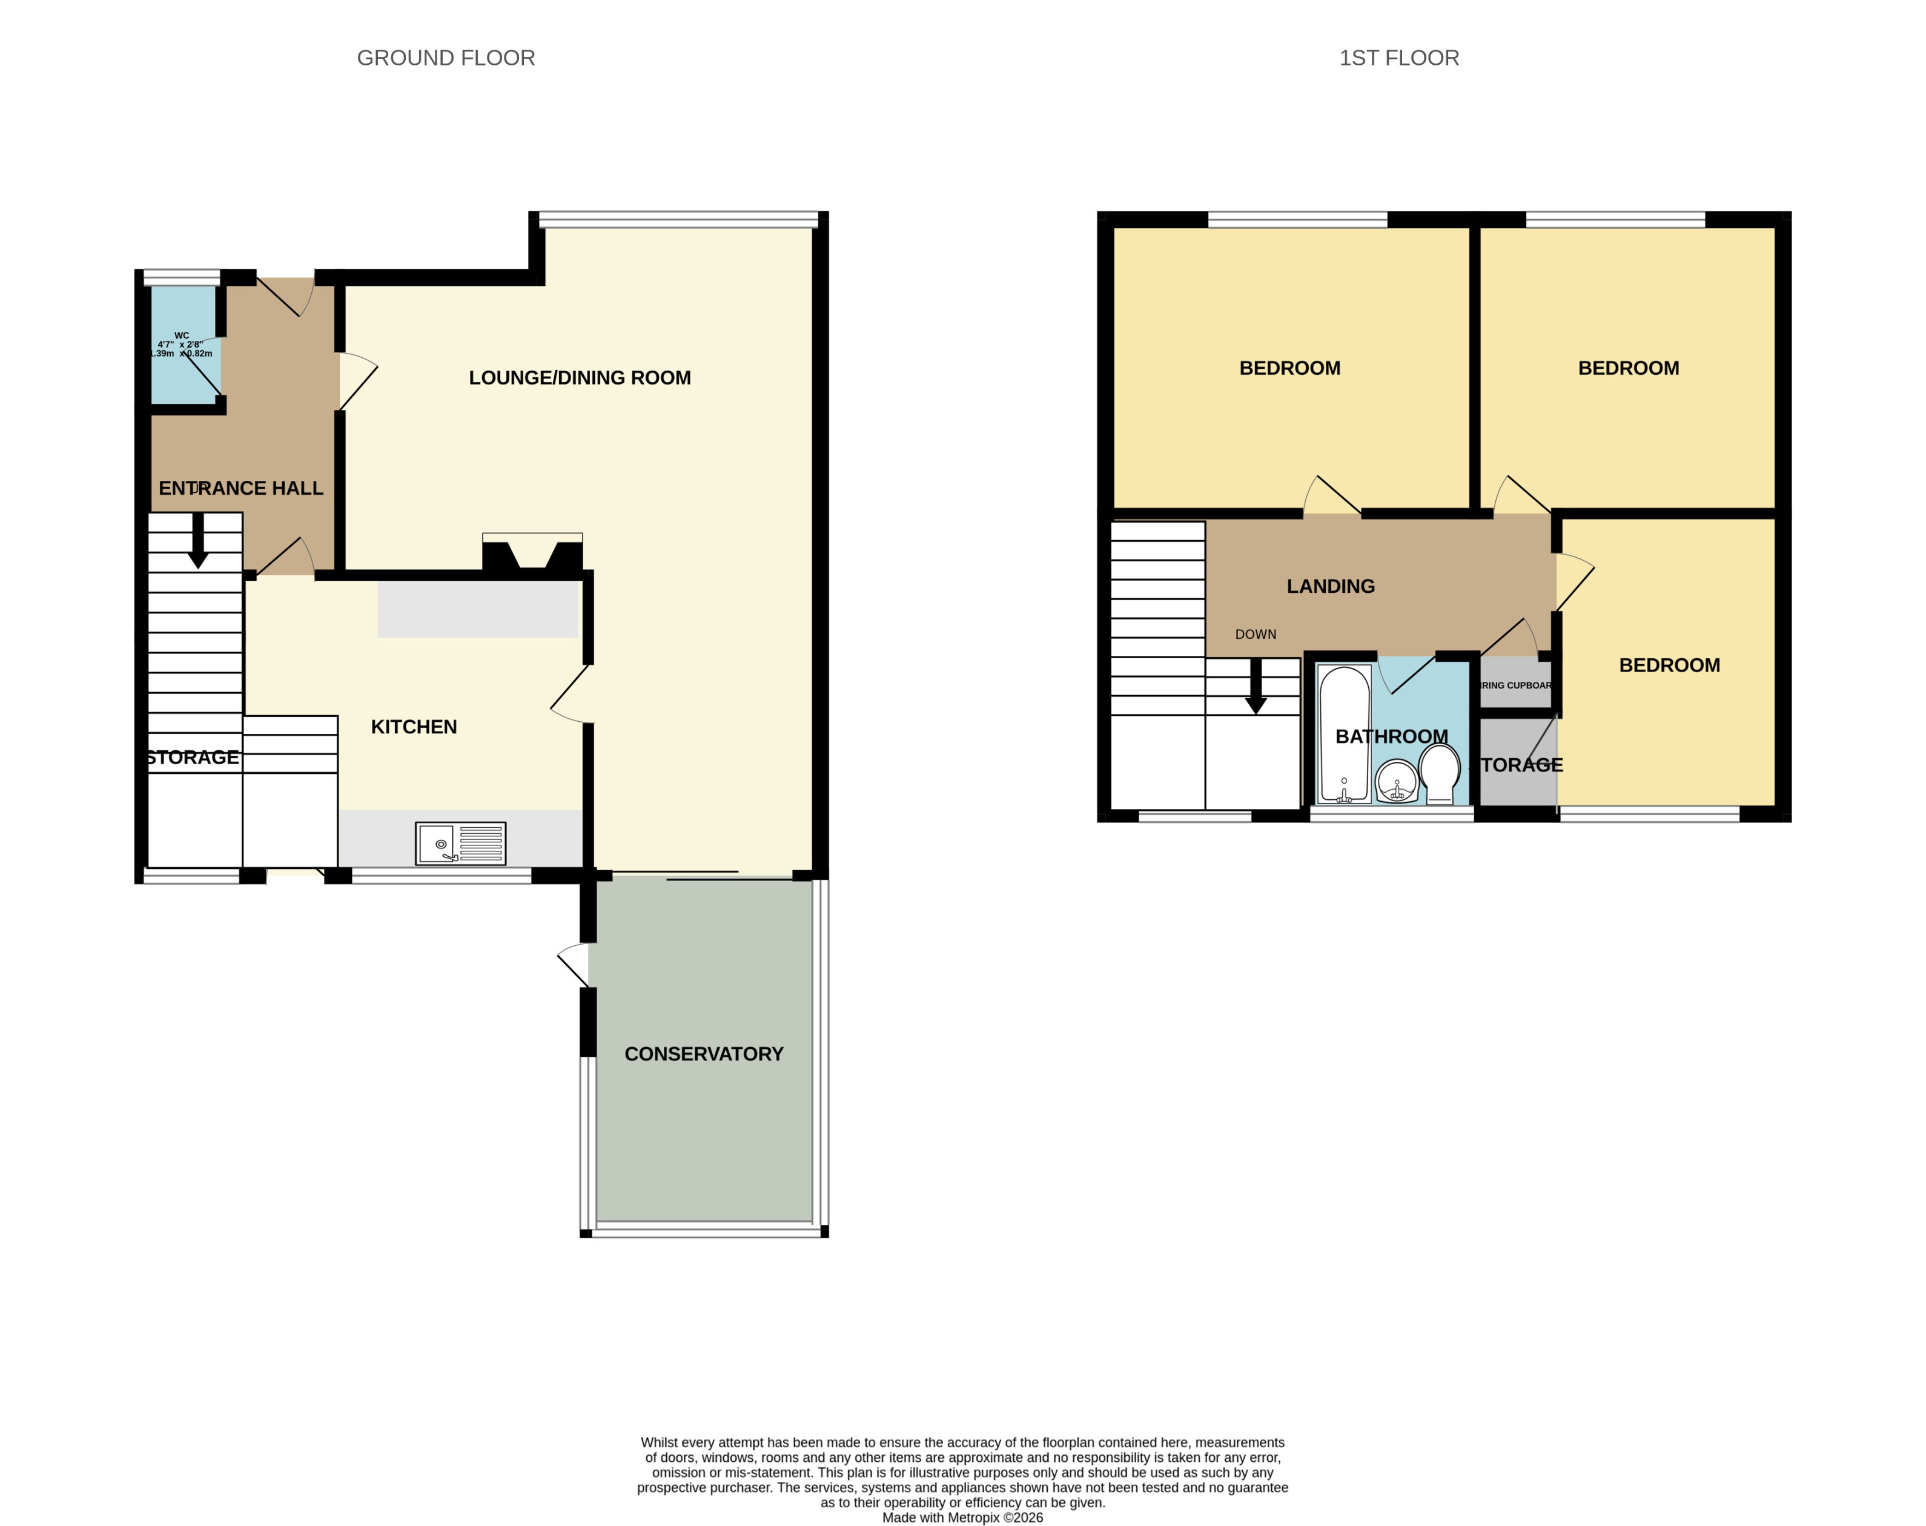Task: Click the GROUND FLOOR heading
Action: [446, 58]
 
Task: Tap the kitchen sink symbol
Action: [460, 843]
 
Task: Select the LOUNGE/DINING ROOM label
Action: [580, 378]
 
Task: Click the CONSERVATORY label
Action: [703, 1054]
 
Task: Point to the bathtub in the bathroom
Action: [1343, 732]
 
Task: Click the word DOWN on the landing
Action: [1255, 634]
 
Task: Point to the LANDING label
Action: [1330, 587]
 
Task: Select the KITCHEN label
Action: [414, 727]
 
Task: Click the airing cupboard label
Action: [1515, 685]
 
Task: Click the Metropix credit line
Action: [962, 1517]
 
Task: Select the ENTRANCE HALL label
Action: [240, 489]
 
